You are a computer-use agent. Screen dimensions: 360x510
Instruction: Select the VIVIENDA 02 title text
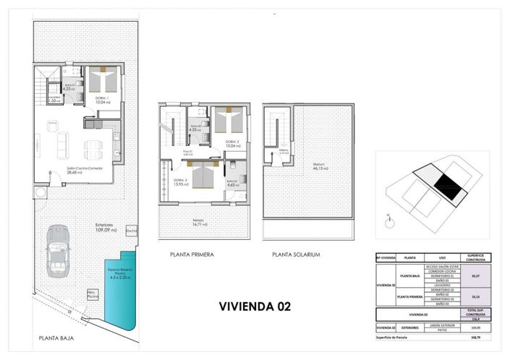pos(255,306)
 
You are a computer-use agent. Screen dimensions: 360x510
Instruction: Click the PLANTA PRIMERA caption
pos(192,255)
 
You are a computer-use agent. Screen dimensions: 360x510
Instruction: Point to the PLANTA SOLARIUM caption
pos(296,255)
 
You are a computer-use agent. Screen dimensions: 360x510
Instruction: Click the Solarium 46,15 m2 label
pos(320,166)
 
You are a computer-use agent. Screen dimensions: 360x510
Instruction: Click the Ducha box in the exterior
pos(131,231)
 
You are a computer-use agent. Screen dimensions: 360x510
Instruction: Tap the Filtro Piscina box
pos(93,295)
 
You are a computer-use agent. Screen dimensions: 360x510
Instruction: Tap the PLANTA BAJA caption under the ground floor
pos(56,338)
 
